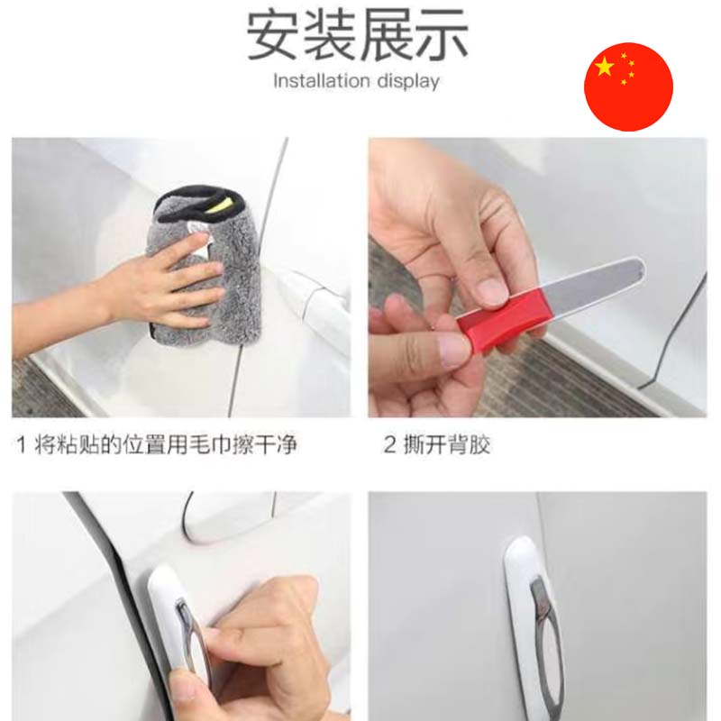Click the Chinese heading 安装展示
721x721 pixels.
357,36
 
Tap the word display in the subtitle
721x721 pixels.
408,82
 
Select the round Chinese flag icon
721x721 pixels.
628,87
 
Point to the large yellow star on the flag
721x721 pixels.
604,67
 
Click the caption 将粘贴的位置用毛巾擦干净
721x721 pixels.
166,444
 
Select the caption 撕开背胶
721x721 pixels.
447,444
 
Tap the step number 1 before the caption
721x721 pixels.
21,445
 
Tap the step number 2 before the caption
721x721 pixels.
389,444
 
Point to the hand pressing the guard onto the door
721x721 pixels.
258,653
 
